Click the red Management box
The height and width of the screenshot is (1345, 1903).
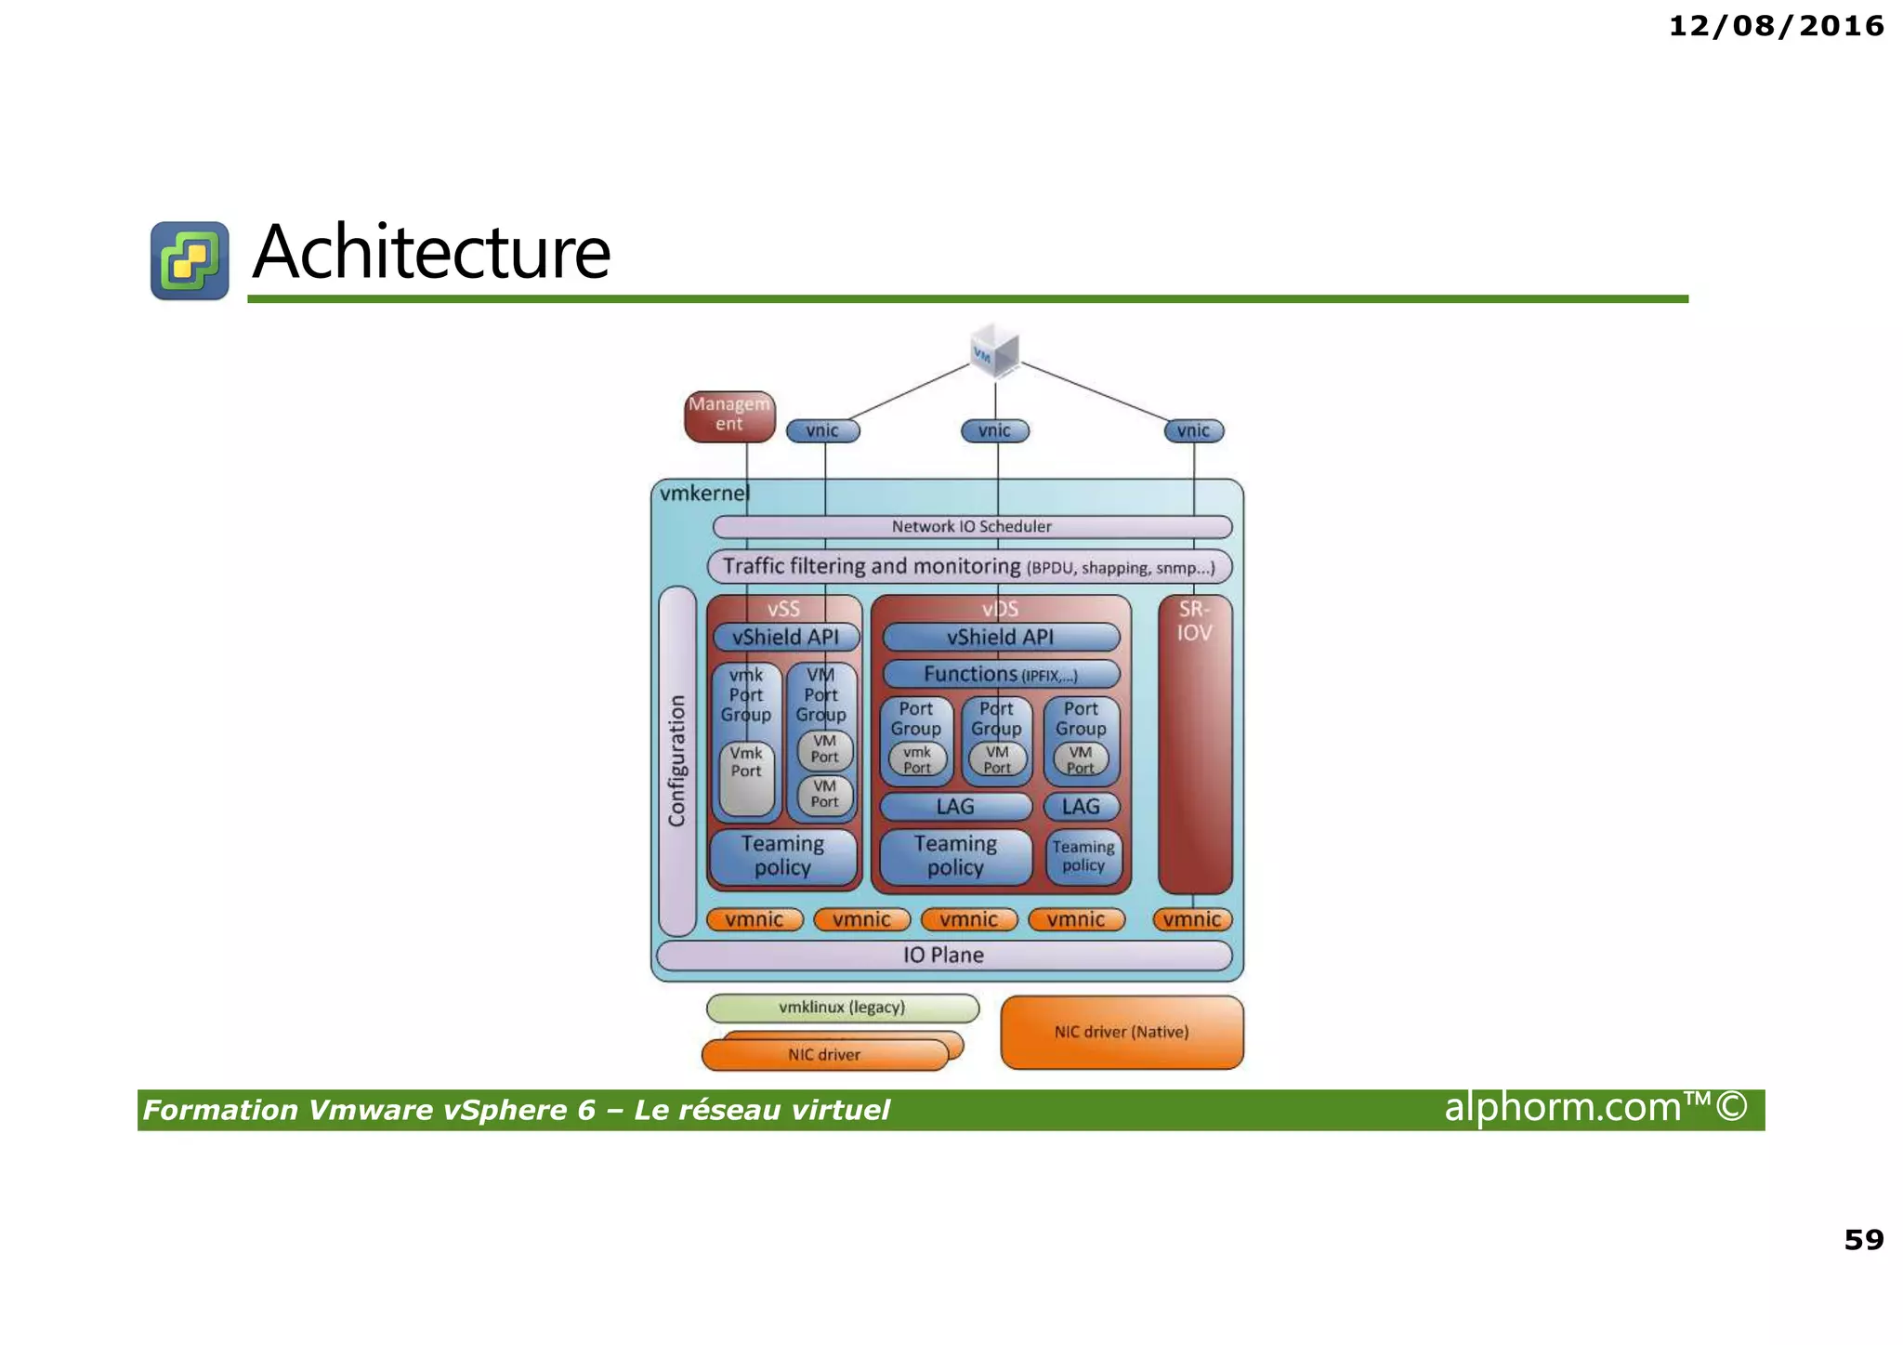pos(729,415)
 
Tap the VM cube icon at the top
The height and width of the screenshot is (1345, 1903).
pos(994,350)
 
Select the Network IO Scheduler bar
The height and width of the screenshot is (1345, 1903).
pos(972,527)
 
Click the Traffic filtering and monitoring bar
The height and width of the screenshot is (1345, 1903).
pos(969,566)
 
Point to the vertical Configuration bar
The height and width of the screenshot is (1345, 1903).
pos(677,760)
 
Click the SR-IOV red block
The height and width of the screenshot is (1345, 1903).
pos(1195,744)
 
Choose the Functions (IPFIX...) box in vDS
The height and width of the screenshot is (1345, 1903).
pos(1001,674)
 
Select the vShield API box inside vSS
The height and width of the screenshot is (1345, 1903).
pos(785,637)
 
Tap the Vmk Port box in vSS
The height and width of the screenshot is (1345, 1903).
pos(746,776)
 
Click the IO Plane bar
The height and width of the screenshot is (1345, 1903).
pos(943,956)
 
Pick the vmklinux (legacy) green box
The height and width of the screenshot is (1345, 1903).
pos(842,1008)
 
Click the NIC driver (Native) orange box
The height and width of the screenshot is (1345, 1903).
pos(1122,1032)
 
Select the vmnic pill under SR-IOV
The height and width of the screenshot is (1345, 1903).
pos(1192,919)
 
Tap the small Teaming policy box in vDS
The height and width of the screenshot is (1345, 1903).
pos(1083,856)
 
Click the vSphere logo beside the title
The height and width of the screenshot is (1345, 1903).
pos(190,260)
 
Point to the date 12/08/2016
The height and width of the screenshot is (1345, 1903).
pos(1776,26)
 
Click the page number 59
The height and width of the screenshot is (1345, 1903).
pos(1863,1239)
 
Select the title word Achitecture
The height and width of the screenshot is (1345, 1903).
pos(431,252)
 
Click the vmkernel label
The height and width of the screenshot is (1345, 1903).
pos(703,494)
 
